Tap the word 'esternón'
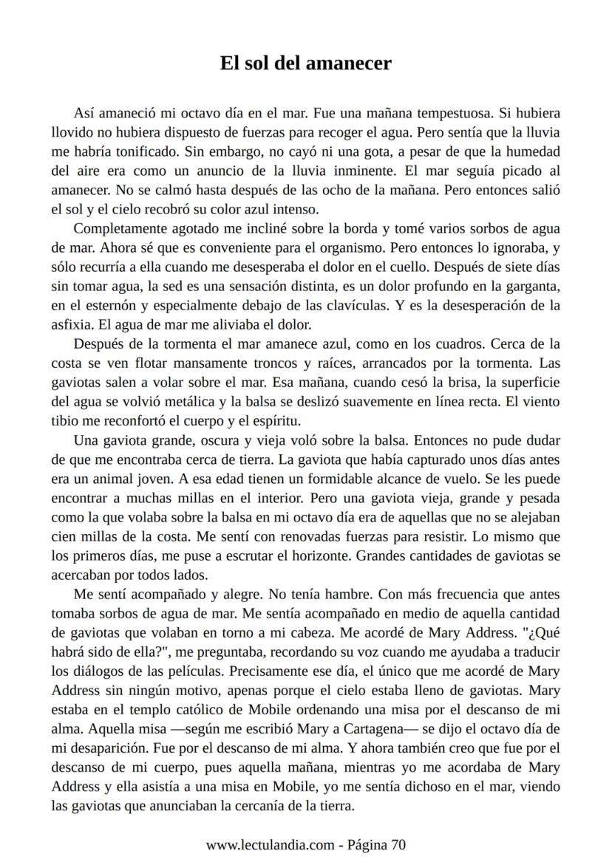pos(103,304)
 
